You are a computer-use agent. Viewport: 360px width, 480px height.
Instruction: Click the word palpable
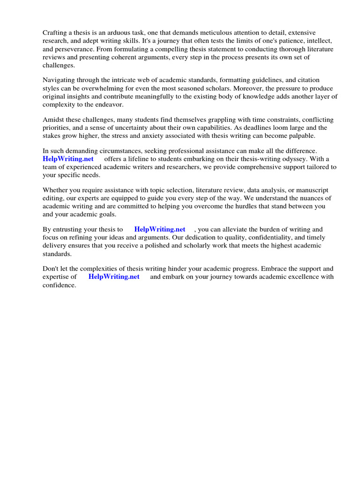click(300, 136)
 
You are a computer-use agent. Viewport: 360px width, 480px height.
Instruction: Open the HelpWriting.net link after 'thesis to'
click(159, 229)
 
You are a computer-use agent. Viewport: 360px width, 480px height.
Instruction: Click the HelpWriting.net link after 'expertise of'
click(113, 277)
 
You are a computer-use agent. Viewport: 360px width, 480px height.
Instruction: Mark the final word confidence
click(59, 285)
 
